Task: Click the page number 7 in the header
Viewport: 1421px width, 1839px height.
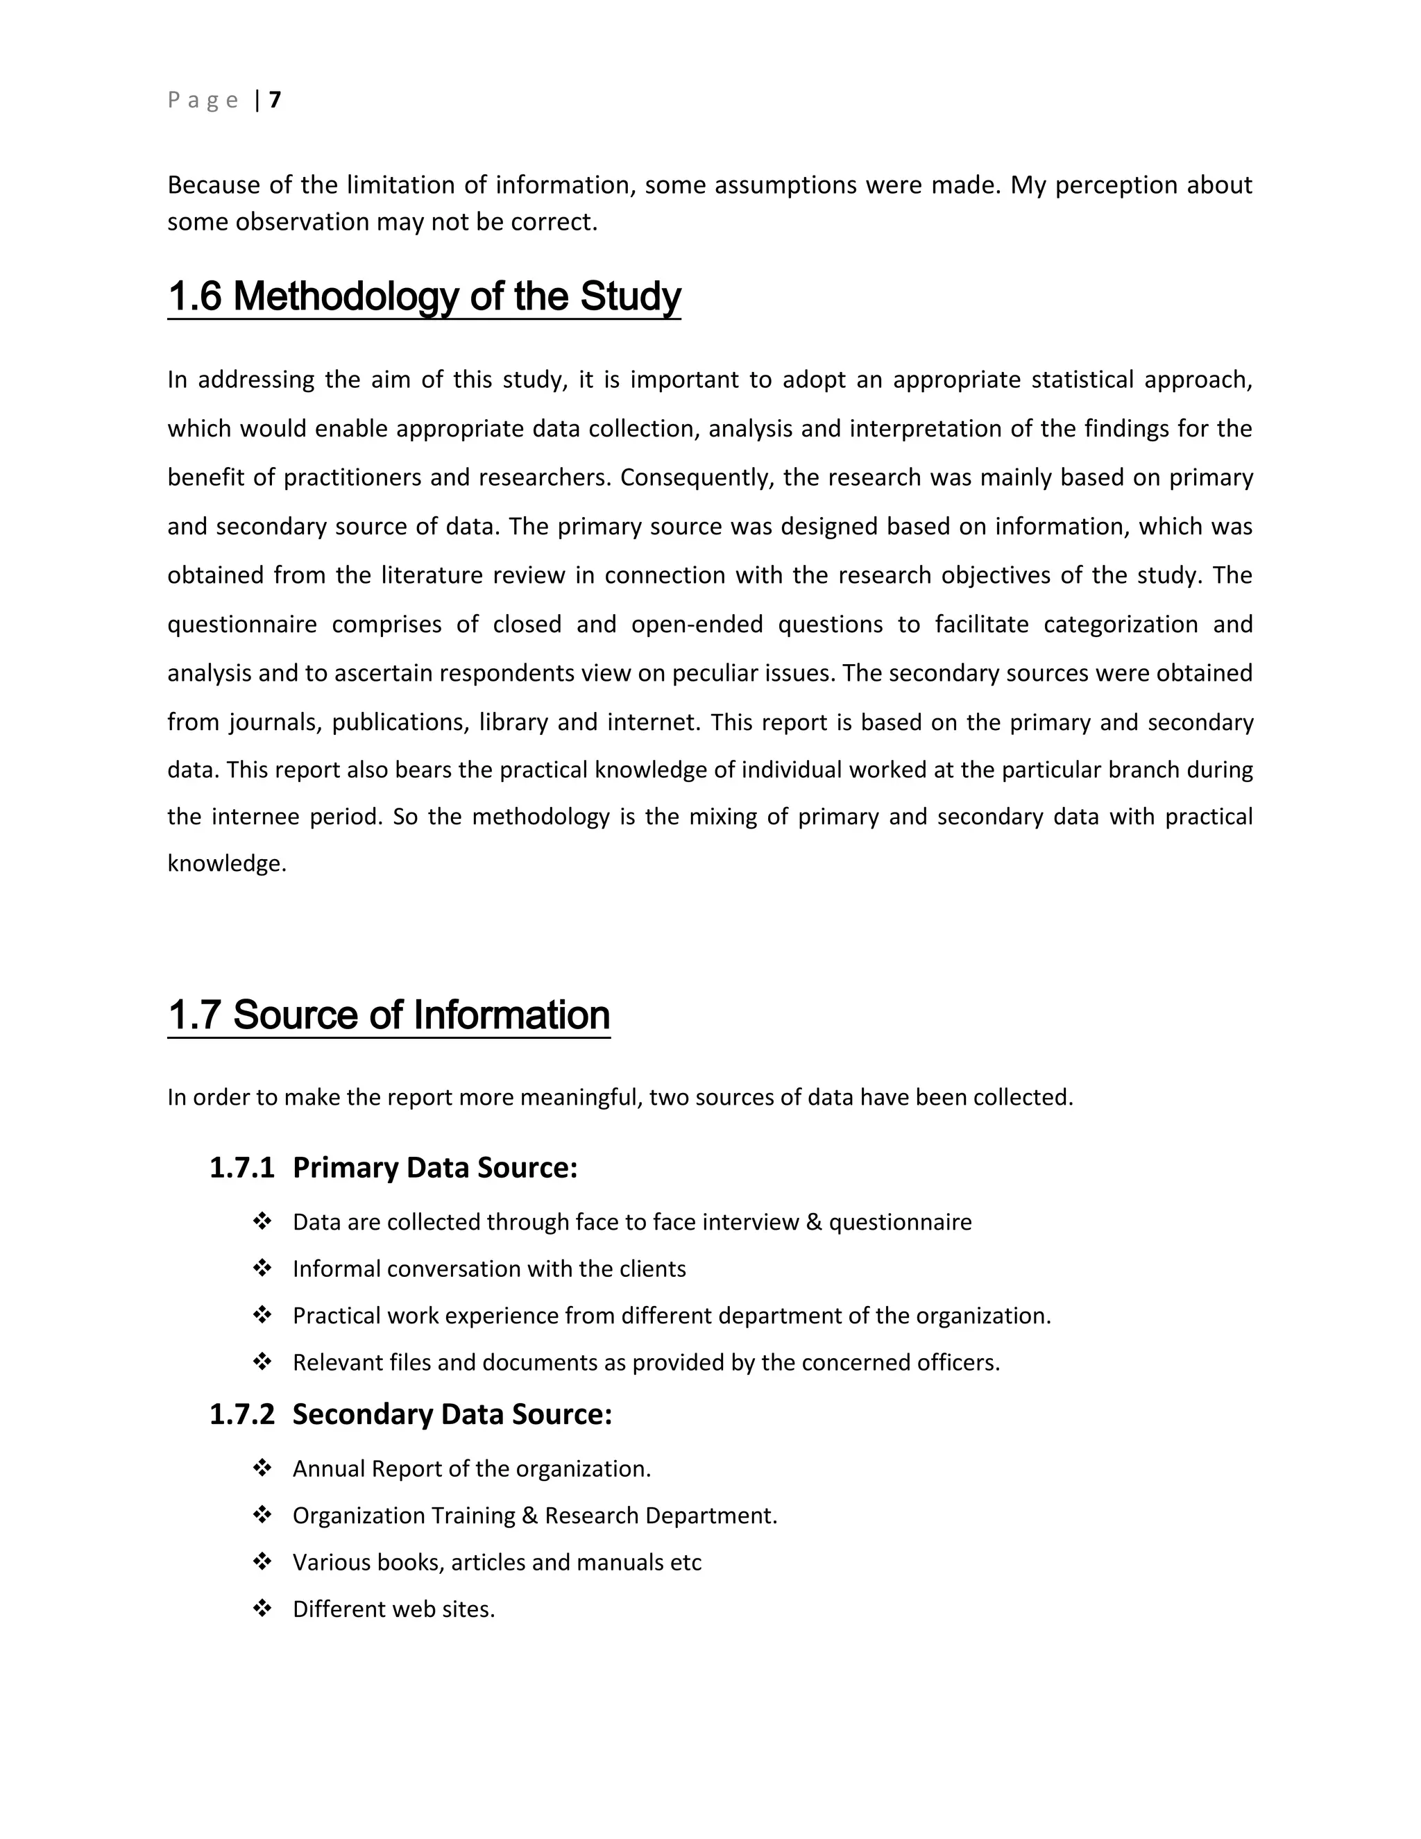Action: pyautogui.click(x=275, y=100)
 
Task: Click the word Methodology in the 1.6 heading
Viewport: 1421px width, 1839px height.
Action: pyautogui.click(x=345, y=296)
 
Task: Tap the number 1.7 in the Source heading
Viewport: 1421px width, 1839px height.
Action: pyautogui.click(x=194, y=1015)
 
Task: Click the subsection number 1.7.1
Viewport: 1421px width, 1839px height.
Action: pyautogui.click(x=241, y=1168)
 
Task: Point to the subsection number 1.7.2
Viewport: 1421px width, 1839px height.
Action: pyautogui.click(x=241, y=1414)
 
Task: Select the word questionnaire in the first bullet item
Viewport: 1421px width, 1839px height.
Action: pyautogui.click(x=900, y=1223)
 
